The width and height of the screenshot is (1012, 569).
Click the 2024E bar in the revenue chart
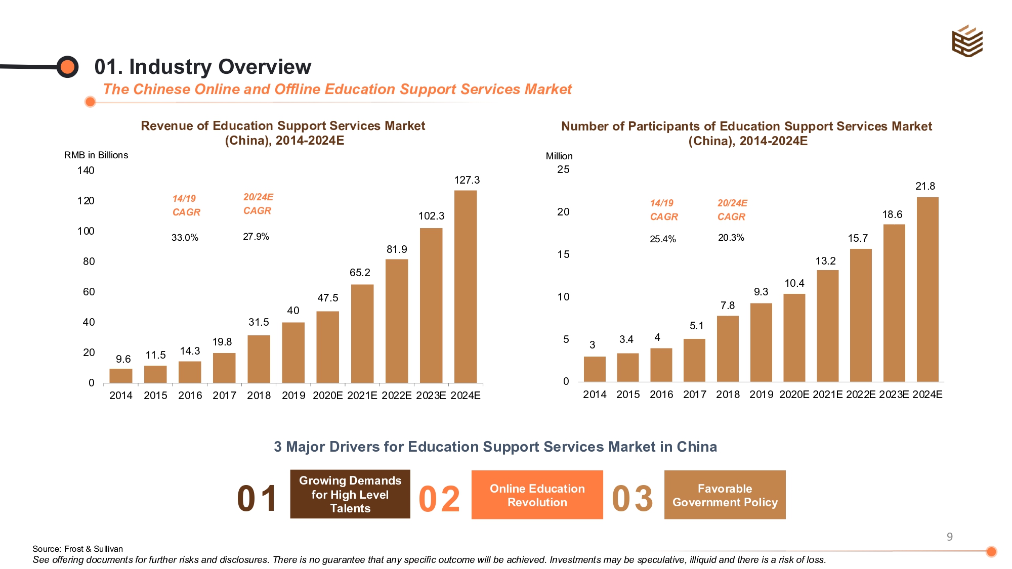pyautogui.click(x=465, y=286)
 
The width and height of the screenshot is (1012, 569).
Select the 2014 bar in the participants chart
pyautogui.click(x=595, y=369)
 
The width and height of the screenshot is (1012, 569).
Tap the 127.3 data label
pyautogui.click(x=467, y=180)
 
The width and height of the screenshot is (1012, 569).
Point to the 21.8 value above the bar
pyautogui.click(x=925, y=186)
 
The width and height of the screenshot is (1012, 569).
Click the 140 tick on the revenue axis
pyautogui.click(x=86, y=170)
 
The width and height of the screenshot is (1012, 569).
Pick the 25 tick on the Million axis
pyautogui.click(x=563, y=169)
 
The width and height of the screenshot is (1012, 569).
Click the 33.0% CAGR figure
pyautogui.click(x=185, y=237)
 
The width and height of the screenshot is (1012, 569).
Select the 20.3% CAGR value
pyautogui.click(x=731, y=237)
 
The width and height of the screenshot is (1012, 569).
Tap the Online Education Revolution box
pyautogui.click(x=537, y=495)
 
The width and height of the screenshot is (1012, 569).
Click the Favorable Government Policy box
pyautogui.click(x=725, y=495)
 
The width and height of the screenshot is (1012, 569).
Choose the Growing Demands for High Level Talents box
pyautogui.click(x=350, y=494)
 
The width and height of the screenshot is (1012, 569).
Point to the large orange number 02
pyautogui.click(x=439, y=499)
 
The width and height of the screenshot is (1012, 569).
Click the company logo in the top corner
pyautogui.click(x=967, y=41)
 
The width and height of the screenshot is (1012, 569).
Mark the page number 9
pyautogui.click(x=949, y=537)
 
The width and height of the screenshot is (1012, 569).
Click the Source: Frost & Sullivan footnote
pyautogui.click(x=77, y=549)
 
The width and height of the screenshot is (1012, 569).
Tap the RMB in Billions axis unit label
pyautogui.click(x=96, y=155)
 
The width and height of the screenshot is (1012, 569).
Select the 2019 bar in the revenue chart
pyautogui.click(x=293, y=353)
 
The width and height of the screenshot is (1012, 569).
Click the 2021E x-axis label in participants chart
pyautogui.click(x=827, y=395)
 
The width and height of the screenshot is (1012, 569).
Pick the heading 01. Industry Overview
pyautogui.click(x=202, y=67)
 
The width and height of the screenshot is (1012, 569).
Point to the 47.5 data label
pyautogui.click(x=327, y=298)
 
